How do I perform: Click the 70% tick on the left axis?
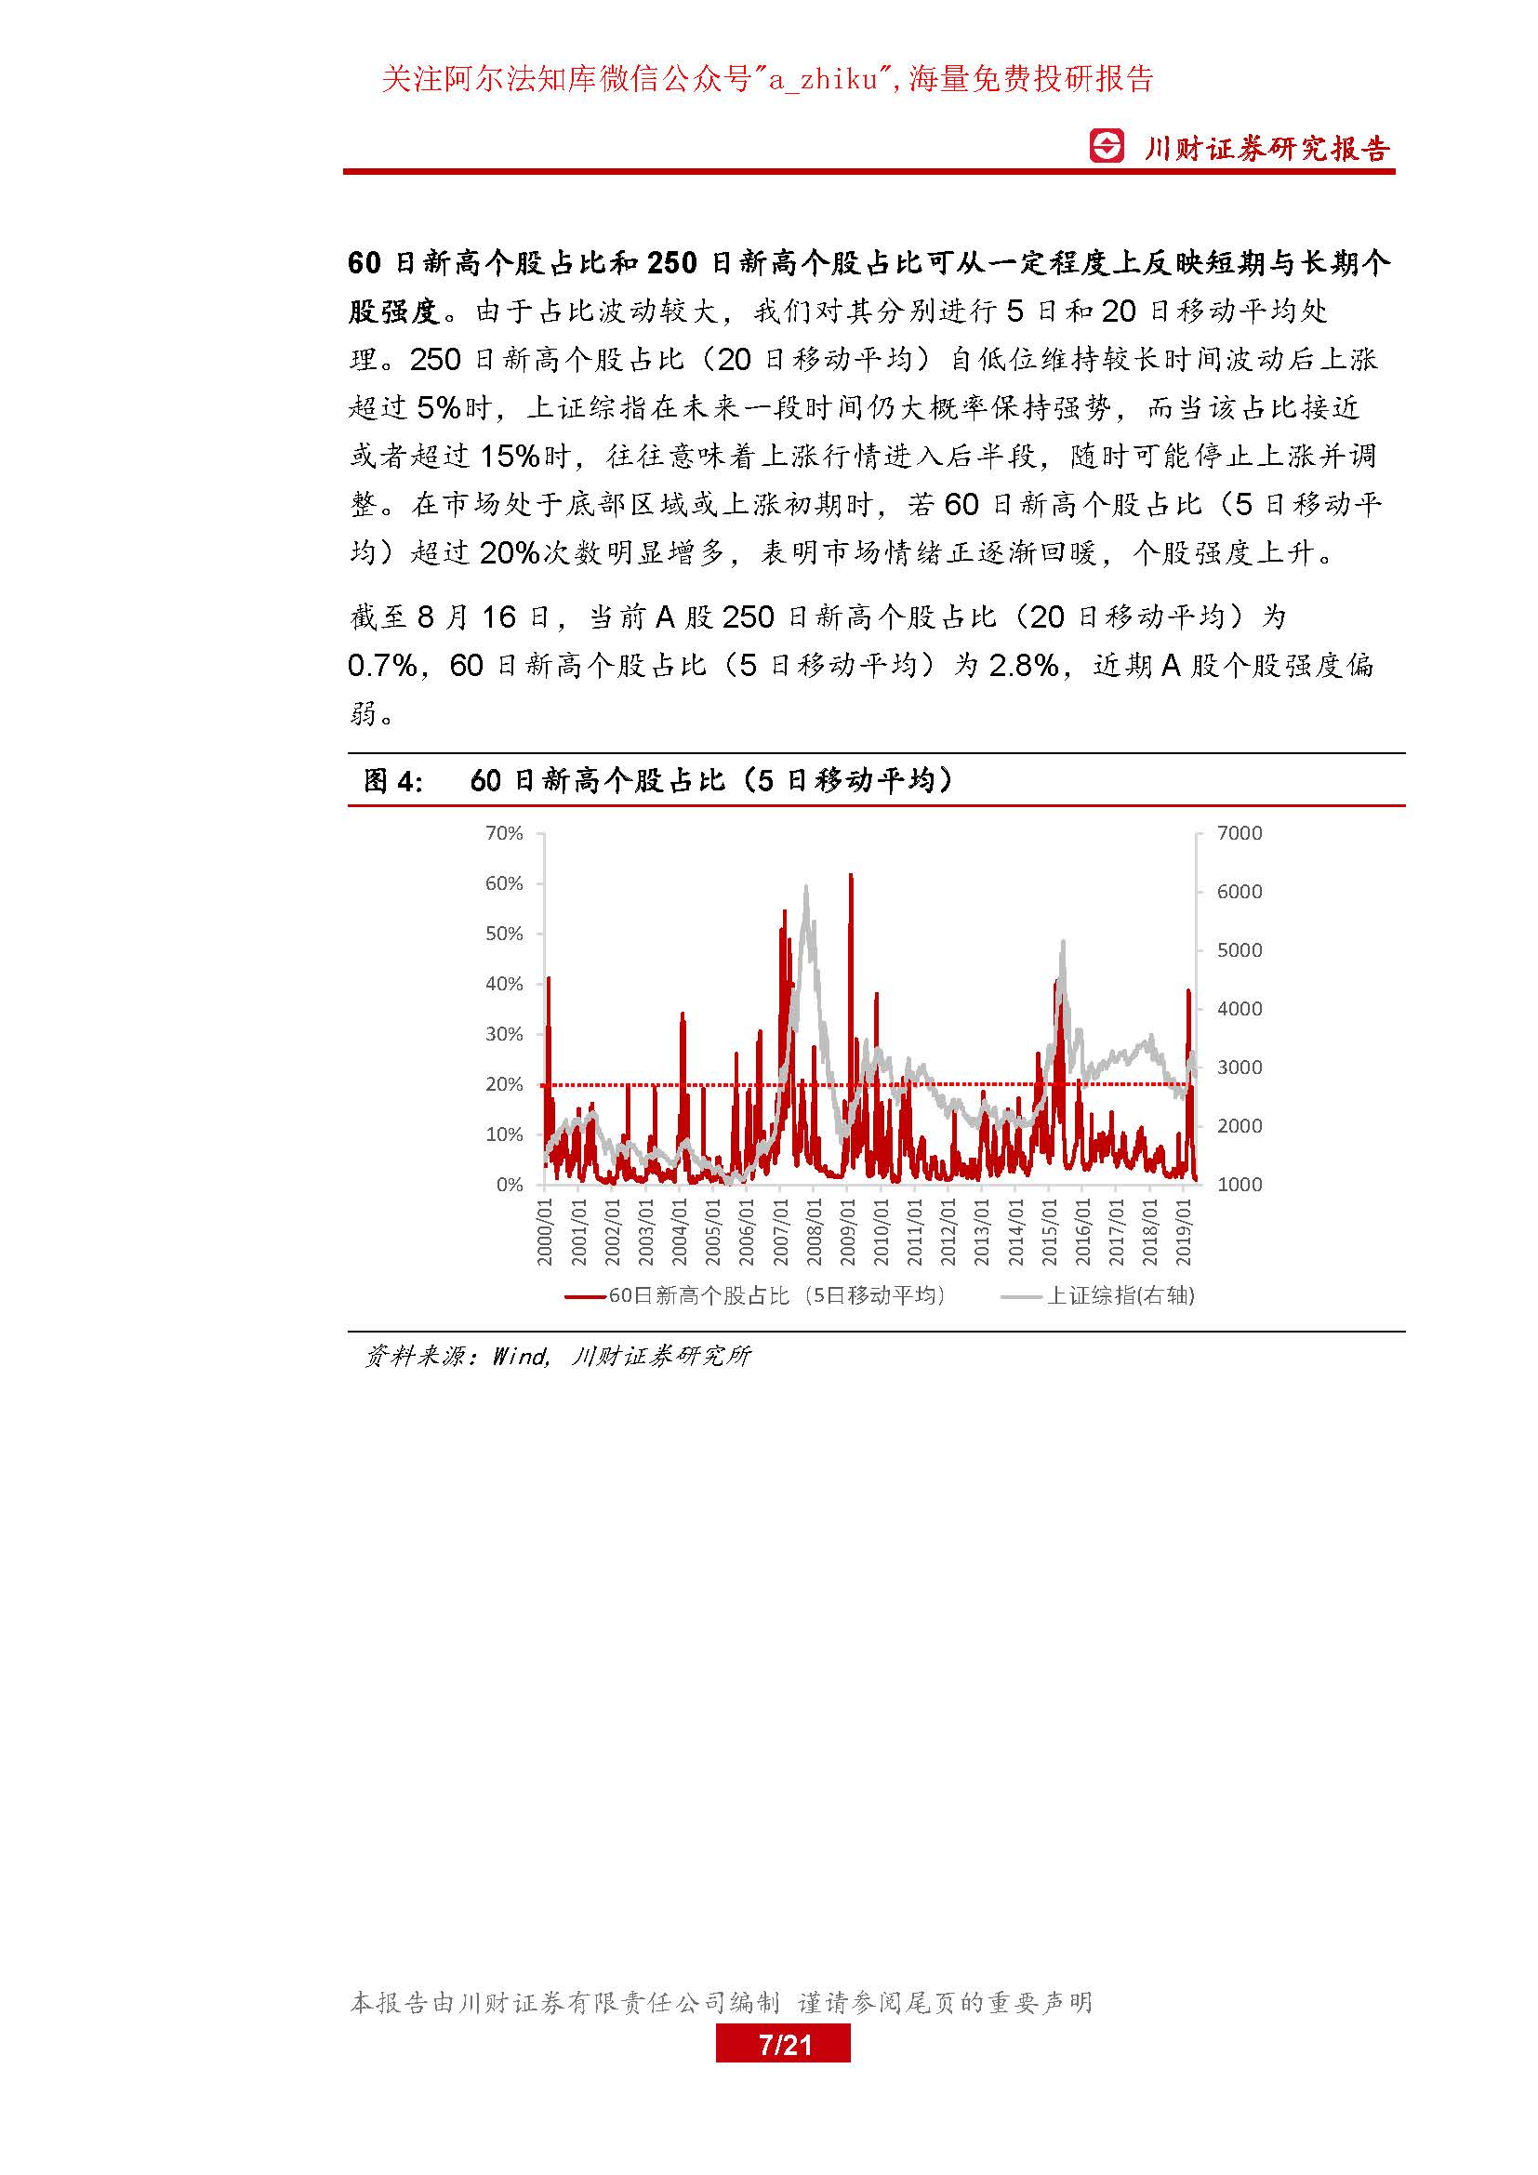504,833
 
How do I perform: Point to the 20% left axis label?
504,1084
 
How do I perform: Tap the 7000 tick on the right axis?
1239,833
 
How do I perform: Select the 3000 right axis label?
1239,1068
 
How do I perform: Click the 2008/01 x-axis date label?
815,1232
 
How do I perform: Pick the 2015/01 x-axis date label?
1049,1232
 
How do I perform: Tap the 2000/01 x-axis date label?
546,1232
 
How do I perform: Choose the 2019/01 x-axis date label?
1184,1232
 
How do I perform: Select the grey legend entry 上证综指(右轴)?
1098,1296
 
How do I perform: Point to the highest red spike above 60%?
851,876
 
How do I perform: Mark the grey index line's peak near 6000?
806,888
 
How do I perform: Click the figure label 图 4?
393,780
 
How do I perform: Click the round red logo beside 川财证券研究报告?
1107,146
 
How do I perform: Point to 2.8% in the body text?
1023,666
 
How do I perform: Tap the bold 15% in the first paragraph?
510,457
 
